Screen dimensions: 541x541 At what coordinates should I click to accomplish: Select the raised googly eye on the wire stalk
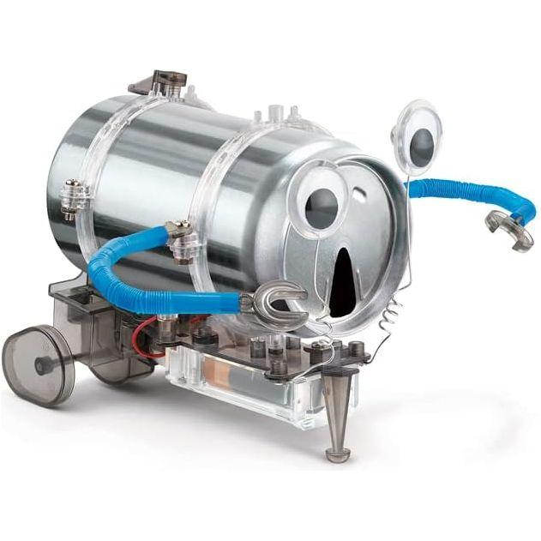(x=418, y=133)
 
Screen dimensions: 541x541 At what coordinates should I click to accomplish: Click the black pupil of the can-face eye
(x=319, y=209)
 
